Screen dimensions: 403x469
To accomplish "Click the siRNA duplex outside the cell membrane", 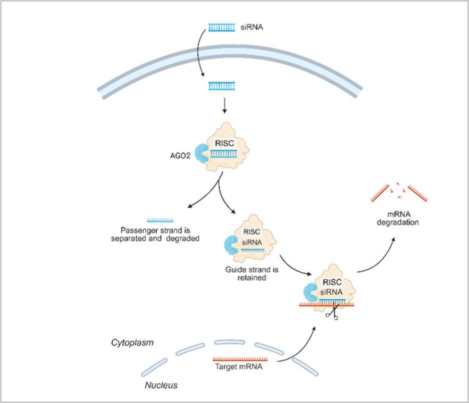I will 221,28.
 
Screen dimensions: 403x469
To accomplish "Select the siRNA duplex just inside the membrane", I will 221,87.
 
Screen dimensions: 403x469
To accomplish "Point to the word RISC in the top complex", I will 223,143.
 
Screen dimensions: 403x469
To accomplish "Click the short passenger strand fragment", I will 160,220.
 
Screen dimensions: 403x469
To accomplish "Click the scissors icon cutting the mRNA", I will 331,314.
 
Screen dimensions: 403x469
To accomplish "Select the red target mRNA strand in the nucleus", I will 240,359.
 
